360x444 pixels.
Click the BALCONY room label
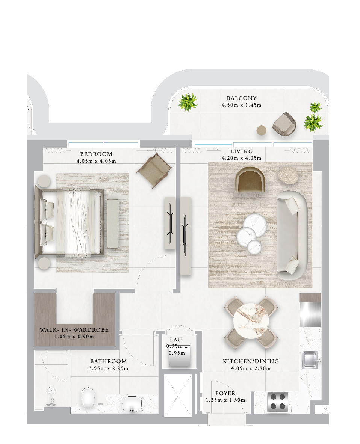coord(242,98)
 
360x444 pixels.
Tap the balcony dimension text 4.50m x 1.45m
coord(242,105)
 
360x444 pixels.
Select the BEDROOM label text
coord(96,154)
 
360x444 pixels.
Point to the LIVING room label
coord(242,151)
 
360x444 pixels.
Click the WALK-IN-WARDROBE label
coord(74,330)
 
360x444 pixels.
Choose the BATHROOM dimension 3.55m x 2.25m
coord(109,368)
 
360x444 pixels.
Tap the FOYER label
coord(225,393)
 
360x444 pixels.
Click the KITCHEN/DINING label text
coord(251,361)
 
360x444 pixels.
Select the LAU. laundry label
coord(177,340)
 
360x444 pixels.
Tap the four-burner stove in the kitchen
coord(278,402)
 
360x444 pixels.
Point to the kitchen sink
coord(310,360)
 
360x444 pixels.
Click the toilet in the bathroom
coord(88,397)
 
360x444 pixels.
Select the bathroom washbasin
coord(132,403)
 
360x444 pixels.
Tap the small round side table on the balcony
coord(262,131)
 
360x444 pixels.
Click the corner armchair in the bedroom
coord(154,171)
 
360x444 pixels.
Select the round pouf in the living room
coord(288,175)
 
